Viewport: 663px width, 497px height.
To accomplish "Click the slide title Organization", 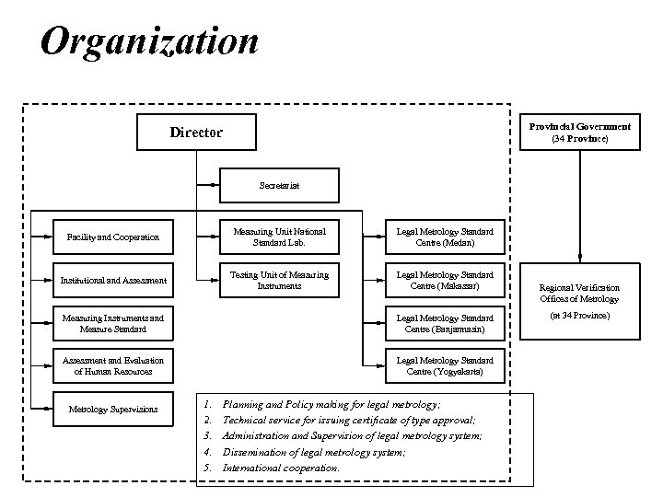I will pyautogui.click(x=150, y=41).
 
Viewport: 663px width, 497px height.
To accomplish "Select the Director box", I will pyautogui.click(x=196, y=133).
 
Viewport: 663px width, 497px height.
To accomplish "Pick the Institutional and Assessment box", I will pyautogui.click(x=113, y=280).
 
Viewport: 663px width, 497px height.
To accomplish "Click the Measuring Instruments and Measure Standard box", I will pyautogui.click(x=113, y=323).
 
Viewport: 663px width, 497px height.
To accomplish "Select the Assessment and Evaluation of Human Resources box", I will pyautogui.click(x=115, y=365).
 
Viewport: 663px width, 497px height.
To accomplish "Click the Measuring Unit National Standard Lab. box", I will pyautogui.click(x=279, y=237).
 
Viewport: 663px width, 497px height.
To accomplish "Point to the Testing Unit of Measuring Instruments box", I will pyautogui.click(x=279, y=280).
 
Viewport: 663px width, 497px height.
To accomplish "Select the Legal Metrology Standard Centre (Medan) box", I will pyautogui.click(x=445, y=237).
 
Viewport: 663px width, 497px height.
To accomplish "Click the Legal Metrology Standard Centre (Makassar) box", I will pyautogui.click(x=445, y=280).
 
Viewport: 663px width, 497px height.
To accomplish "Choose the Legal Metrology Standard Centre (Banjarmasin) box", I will pyautogui.click(x=445, y=323).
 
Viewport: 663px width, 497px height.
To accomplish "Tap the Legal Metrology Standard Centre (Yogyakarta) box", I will pyautogui.click(x=445, y=365).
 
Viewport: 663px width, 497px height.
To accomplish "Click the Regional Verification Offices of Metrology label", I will pyautogui.click(x=579, y=293).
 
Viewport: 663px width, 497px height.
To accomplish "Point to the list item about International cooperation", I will pyautogui.click(x=281, y=468).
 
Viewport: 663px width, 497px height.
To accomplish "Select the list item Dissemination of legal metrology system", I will pyautogui.click(x=313, y=452).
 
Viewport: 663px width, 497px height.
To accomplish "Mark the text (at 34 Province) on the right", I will pyautogui.click(x=579, y=316).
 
